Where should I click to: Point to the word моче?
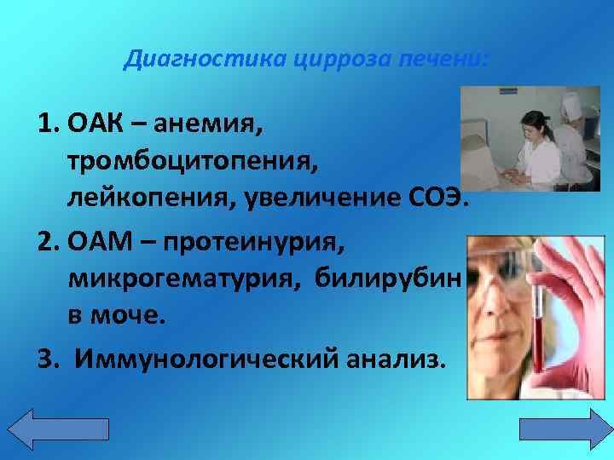tap(130, 315)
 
